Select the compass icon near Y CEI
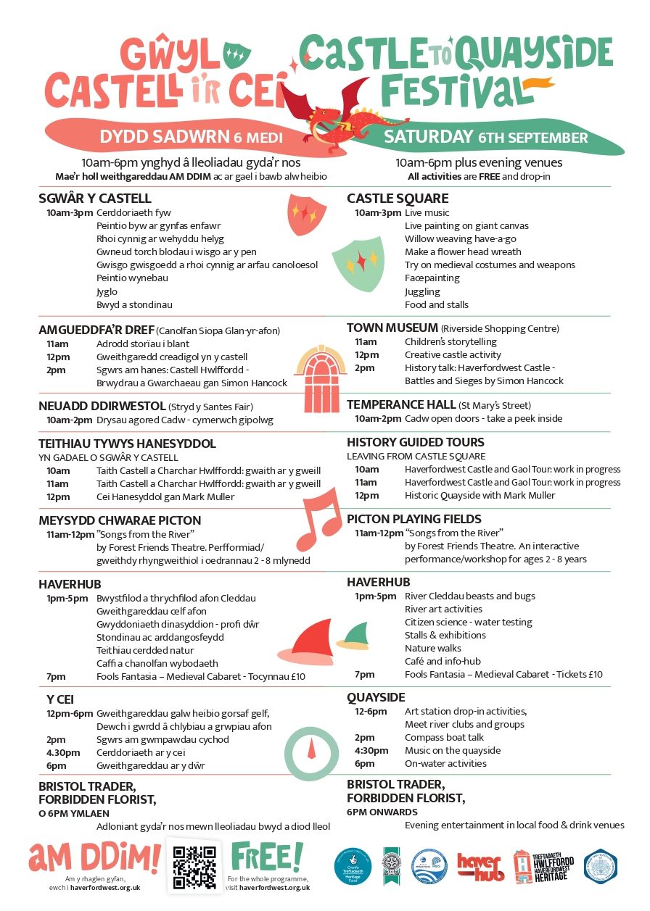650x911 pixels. tap(310, 752)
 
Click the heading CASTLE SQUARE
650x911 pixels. tap(398, 199)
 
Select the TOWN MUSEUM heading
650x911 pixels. tap(392, 328)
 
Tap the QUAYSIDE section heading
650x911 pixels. tap(376, 697)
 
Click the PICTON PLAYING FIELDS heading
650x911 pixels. tap(414, 519)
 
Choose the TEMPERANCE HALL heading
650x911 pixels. tap(401, 404)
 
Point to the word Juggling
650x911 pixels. tap(422, 291)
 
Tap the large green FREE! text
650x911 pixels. tap(266, 857)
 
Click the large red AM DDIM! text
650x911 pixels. tap(94, 857)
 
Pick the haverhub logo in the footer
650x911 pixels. tap(480, 866)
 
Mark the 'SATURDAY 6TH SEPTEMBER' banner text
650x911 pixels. tap(485, 137)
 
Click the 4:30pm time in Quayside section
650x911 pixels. tap(367, 750)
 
